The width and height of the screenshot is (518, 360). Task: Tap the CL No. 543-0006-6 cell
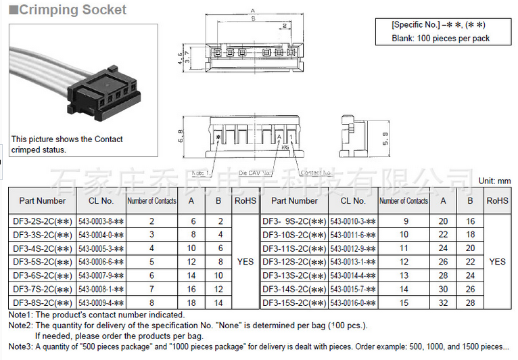100,261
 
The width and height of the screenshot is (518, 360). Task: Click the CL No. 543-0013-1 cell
352,262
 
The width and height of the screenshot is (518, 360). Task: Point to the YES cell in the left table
245,261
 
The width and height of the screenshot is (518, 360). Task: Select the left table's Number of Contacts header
151,201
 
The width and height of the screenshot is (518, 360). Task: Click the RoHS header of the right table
497,201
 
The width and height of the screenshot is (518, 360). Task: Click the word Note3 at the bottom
20,346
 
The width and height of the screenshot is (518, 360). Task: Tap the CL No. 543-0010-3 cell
352,221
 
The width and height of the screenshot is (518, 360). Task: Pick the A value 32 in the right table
443,302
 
